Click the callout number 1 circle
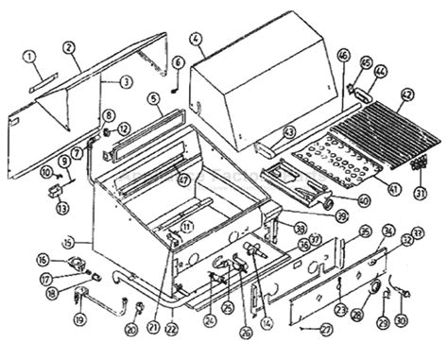[x=30, y=56]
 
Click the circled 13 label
[x=62, y=207]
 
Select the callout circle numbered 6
[x=177, y=62]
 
